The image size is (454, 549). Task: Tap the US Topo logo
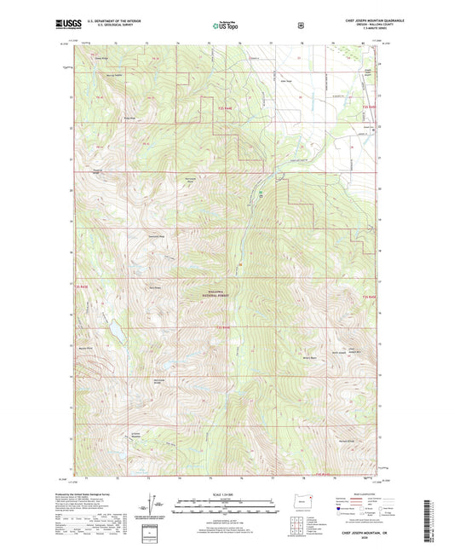point(225,26)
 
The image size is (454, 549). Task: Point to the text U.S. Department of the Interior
point(106,22)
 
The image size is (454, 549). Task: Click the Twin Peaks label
point(155,286)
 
